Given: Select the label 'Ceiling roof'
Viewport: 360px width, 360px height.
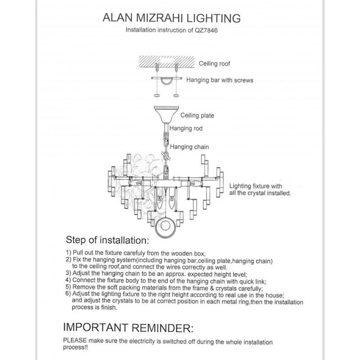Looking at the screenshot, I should [215, 64].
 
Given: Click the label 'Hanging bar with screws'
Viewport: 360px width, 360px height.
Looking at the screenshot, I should [220, 80].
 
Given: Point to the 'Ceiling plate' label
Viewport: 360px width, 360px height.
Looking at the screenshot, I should [197, 116].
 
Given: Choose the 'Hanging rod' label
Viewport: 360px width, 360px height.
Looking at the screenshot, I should [186, 129].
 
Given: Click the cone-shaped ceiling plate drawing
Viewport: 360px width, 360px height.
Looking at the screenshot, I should [165, 113].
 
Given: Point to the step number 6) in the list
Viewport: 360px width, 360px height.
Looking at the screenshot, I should [69, 294].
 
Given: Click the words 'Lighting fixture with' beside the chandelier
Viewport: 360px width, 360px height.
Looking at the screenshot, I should [256, 185].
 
